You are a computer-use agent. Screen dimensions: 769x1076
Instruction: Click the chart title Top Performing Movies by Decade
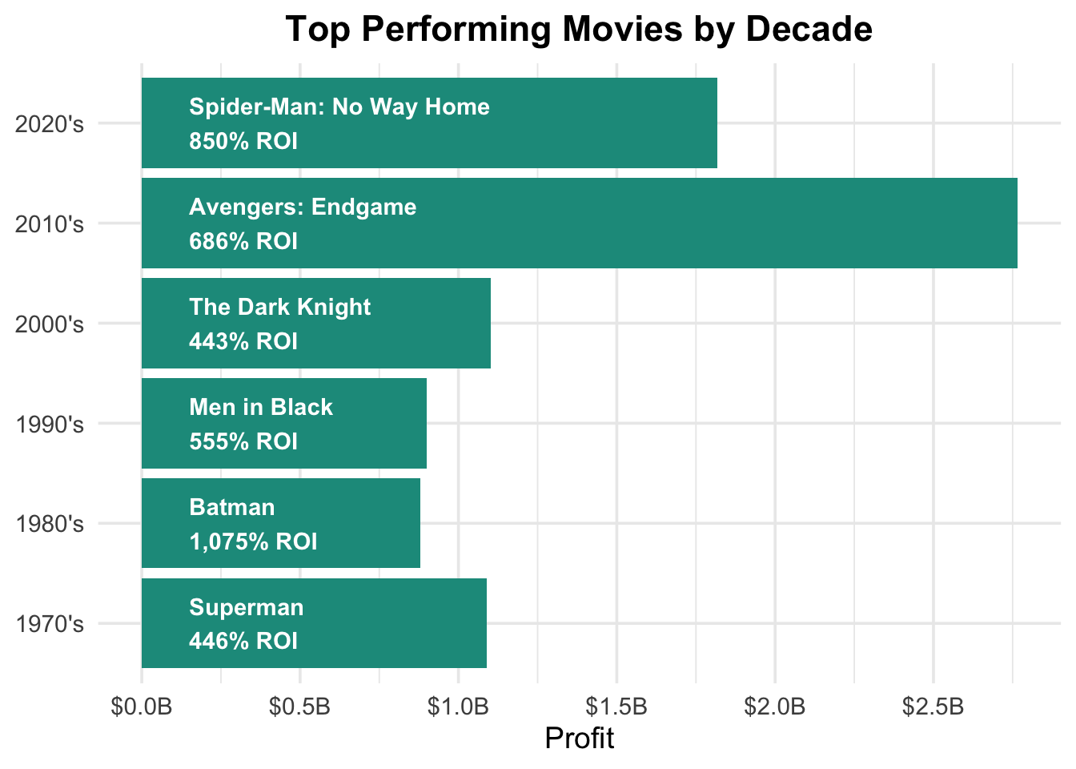pyautogui.click(x=579, y=30)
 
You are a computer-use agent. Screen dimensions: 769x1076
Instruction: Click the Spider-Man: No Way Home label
pyautogui.click(x=339, y=107)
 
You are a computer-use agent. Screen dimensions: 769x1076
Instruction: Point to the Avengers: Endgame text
pyautogui.click(x=303, y=207)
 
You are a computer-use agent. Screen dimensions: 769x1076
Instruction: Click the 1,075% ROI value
pyautogui.click(x=253, y=542)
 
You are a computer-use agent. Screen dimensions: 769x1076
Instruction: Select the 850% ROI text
pyautogui.click(x=243, y=141)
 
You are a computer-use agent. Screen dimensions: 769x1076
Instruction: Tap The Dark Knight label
pyautogui.click(x=280, y=307)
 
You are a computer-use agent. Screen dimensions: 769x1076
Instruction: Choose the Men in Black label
pyautogui.click(x=261, y=407)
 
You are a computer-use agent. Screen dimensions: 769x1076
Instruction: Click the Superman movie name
pyautogui.click(x=247, y=607)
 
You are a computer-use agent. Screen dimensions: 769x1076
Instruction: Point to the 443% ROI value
pyautogui.click(x=243, y=341)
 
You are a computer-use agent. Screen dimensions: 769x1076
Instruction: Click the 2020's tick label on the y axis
pyautogui.click(x=50, y=124)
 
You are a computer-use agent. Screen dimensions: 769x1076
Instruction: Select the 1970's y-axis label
pyautogui.click(x=50, y=624)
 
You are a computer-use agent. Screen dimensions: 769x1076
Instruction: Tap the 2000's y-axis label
pyautogui.click(x=50, y=324)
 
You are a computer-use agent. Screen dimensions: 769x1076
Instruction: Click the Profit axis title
pyautogui.click(x=579, y=738)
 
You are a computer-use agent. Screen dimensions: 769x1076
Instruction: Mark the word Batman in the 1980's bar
pyautogui.click(x=232, y=507)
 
